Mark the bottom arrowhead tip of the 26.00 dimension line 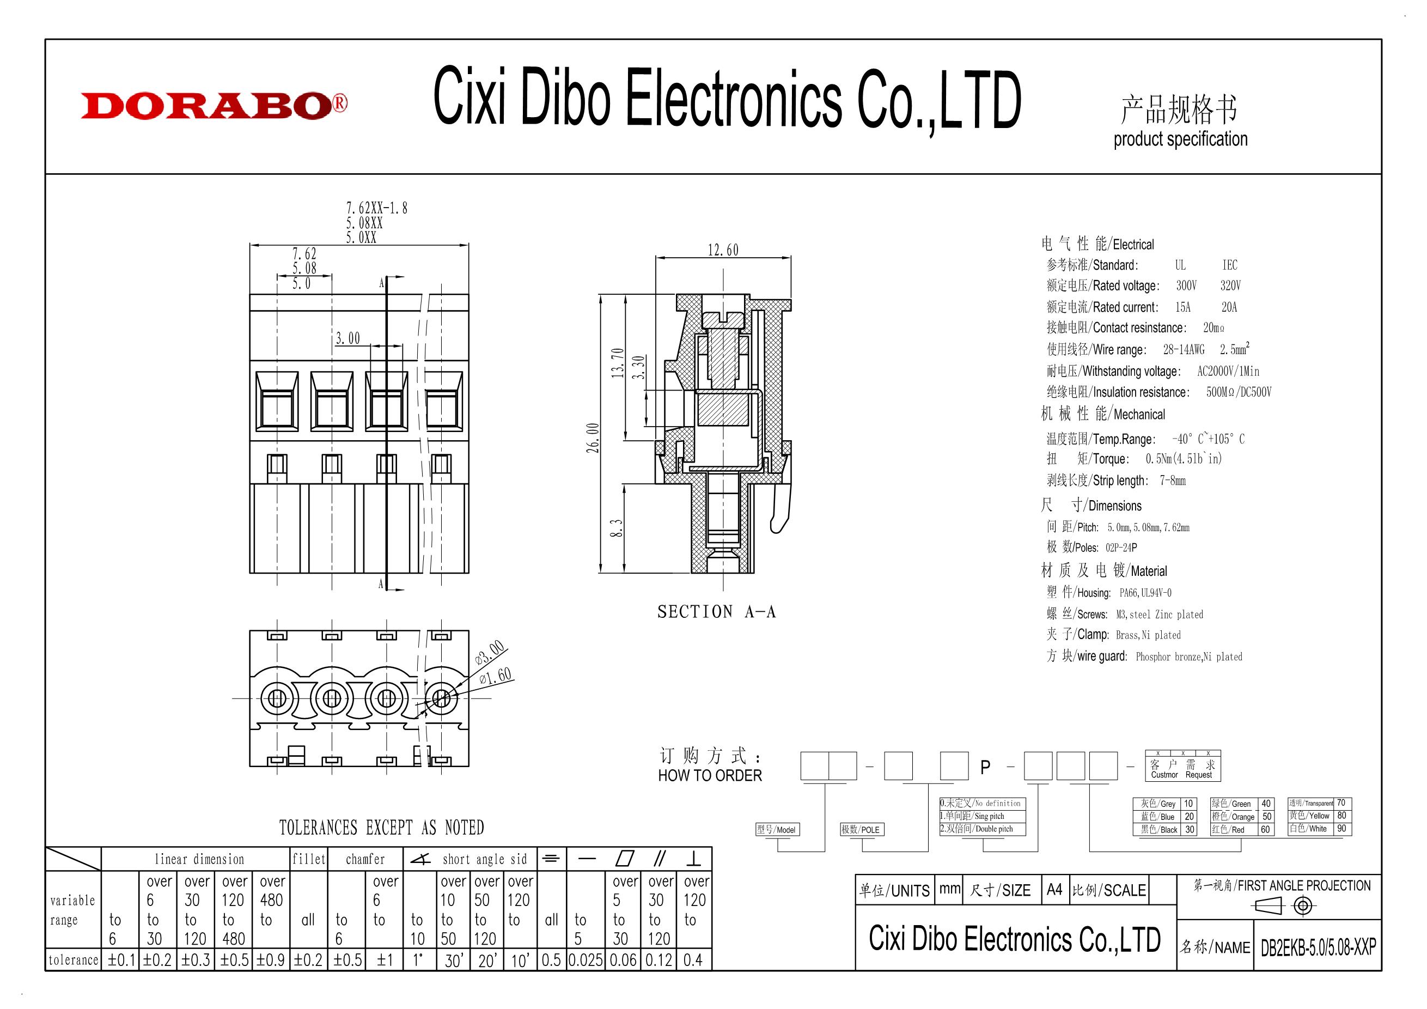[x=600, y=573]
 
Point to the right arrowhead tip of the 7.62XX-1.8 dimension [x=468, y=246]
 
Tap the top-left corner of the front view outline [x=250, y=295]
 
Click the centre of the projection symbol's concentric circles [x=1303, y=906]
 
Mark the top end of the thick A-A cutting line [x=387, y=276]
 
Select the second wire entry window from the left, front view [x=332, y=401]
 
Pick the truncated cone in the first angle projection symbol [x=1267, y=907]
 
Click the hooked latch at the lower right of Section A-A [x=780, y=510]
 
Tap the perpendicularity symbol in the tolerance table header [x=693, y=859]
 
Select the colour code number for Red [x=1265, y=830]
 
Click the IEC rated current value [x=1229, y=307]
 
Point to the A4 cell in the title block [x=1054, y=890]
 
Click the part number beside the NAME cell [x=1318, y=947]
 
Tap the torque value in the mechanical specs [x=1184, y=459]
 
